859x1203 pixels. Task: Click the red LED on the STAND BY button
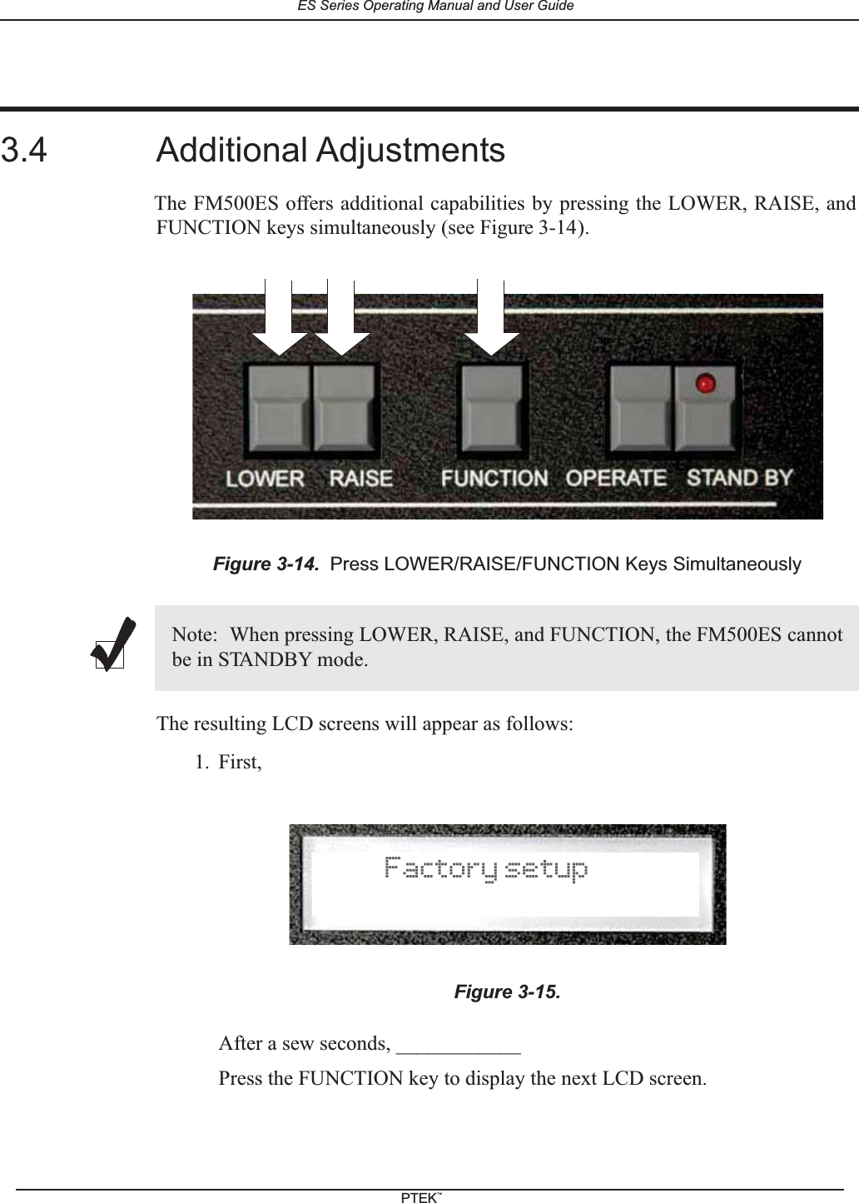706,384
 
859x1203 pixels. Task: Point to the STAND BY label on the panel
739,478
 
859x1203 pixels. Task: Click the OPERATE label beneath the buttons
616,478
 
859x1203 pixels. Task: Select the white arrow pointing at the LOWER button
279,321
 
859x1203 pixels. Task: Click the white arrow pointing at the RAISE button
341,321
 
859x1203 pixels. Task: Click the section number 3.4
24,151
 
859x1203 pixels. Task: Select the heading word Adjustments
409,151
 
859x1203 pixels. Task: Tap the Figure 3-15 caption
507,992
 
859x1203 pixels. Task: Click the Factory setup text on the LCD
486,869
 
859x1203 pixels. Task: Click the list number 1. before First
201,763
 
